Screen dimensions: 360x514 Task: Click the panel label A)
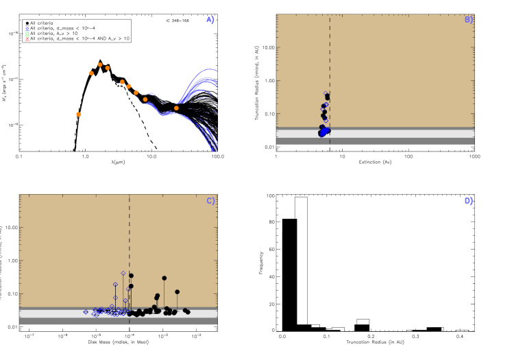click(210, 20)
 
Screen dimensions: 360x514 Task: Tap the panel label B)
click(469, 20)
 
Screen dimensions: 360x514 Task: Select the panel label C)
click(210, 201)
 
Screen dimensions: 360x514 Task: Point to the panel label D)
click(469, 201)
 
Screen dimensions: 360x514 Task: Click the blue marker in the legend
click(27, 29)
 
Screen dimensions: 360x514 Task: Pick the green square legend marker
click(27, 34)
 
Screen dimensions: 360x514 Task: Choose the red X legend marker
click(27, 39)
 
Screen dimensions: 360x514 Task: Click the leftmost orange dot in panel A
click(79, 114)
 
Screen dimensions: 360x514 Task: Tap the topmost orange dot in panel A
click(99, 64)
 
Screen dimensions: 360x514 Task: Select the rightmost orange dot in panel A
click(176, 108)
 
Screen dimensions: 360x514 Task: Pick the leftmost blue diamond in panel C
click(86, 312)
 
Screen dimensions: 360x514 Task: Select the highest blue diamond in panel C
click(123, 273)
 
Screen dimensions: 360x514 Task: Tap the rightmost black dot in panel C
click(188, 312)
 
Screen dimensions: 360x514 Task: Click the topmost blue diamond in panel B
click(326, 93)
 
